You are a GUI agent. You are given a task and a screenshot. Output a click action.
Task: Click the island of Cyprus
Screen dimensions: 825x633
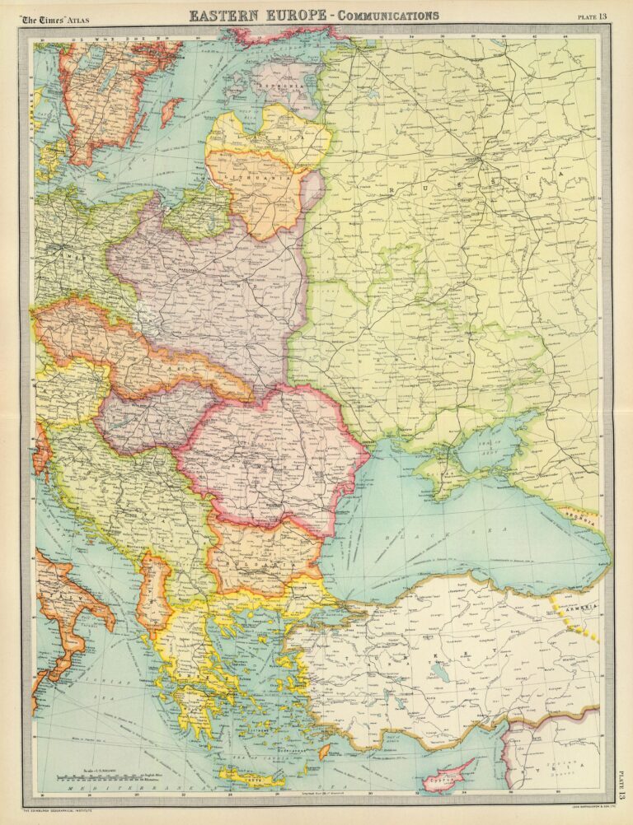(x=450, y=774)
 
